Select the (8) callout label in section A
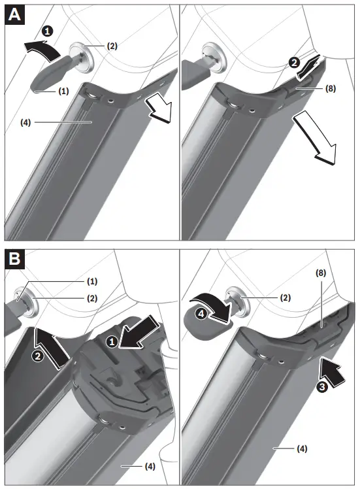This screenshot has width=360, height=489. coord(329,89)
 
